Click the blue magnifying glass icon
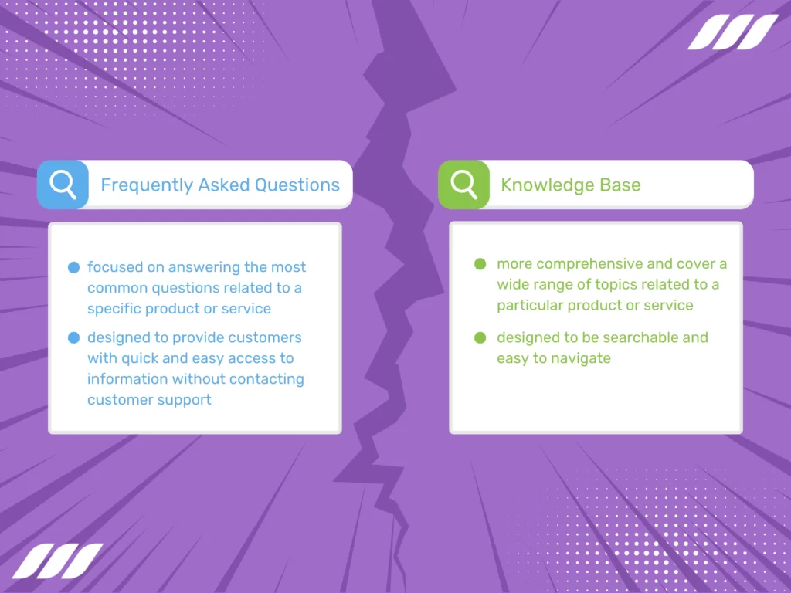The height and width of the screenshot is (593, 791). point(63,185)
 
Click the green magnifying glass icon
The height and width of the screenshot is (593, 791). point(463,185)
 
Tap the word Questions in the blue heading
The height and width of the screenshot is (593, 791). point(297,185)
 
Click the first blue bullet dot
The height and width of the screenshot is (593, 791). point(74,268)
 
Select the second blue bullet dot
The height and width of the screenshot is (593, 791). point(74,337)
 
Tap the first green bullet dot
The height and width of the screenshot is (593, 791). point(480,264)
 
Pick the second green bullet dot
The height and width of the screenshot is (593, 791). point(480,337)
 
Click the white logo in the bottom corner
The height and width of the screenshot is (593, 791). point(57,561)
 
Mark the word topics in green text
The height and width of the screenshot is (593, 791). point(611,284)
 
